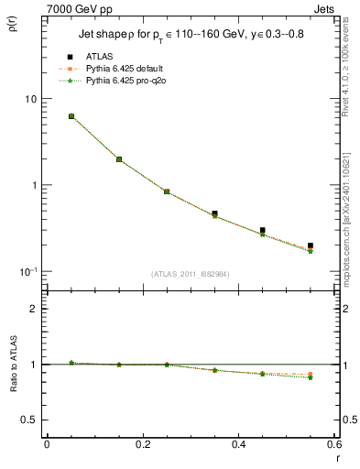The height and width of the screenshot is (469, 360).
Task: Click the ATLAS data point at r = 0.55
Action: click(311, 245)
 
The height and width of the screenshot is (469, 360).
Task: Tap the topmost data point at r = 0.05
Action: click(71, 116)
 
